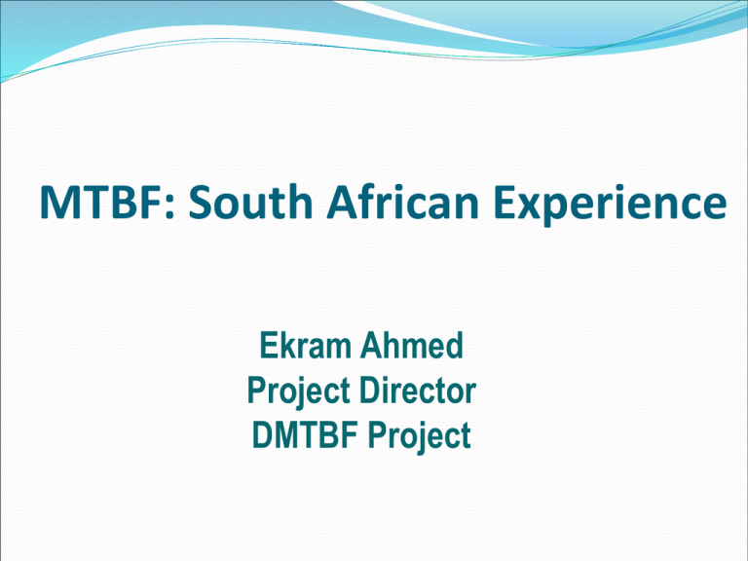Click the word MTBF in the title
[102, 202]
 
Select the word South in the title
[250, 202]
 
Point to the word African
[401, 202]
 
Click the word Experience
[610, 206]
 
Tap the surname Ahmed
[412, 345]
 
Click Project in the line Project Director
[299, 393]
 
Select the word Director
[418, 391]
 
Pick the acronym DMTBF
[306, 434]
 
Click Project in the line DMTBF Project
[420, 437]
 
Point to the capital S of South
[201, 202]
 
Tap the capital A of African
[342, 202]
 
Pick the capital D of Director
[370, 391]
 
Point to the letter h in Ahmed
[394, 345]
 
